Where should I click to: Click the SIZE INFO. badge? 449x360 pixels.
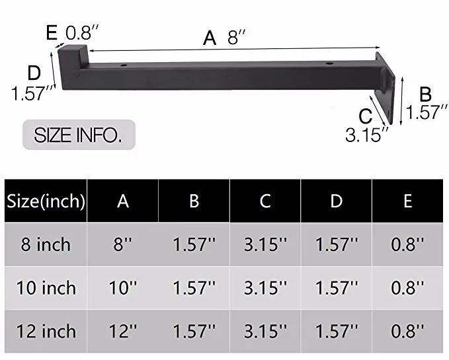(78, 135)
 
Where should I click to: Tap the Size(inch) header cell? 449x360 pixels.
(46, 201)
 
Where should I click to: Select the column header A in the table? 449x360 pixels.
(123, 201)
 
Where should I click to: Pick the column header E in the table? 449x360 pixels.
(407, 201)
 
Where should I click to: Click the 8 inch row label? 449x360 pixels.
(46, 244)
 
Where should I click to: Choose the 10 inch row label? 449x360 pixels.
(46, 288)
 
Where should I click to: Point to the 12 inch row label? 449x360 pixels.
(46, 332)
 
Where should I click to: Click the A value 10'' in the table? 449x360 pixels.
(123, 288)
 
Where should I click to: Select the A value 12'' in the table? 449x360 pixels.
(123, 332)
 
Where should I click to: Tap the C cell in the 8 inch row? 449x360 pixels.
(265, 244)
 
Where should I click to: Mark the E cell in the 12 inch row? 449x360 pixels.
(407, 332)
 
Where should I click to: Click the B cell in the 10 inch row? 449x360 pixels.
(194, 288)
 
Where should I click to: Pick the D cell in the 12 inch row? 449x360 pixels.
(336, 332)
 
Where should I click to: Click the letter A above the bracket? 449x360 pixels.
(210, 38)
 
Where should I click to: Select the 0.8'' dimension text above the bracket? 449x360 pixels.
(83, 31)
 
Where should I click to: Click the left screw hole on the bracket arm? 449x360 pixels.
(124, 66)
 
